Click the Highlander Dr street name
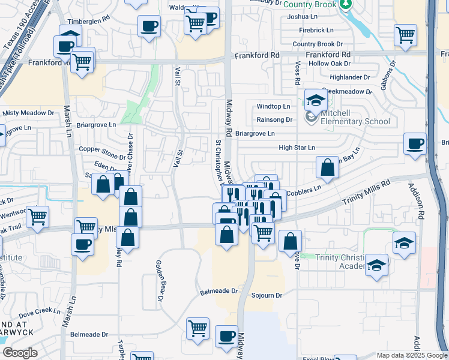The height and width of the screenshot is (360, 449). [x=350, y=77]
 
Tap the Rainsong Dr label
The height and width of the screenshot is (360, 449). [x=274, y=119]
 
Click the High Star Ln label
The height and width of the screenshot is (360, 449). [x=297, y=148]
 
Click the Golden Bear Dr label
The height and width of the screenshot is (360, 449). [x=160, y=280]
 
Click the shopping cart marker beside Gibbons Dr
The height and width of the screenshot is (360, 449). [x=406, y=35]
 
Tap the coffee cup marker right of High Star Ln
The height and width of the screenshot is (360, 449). [x=415, y=144]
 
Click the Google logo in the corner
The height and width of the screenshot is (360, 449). [x=20, y=353]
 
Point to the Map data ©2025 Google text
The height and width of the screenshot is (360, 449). [x=411, y=355]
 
